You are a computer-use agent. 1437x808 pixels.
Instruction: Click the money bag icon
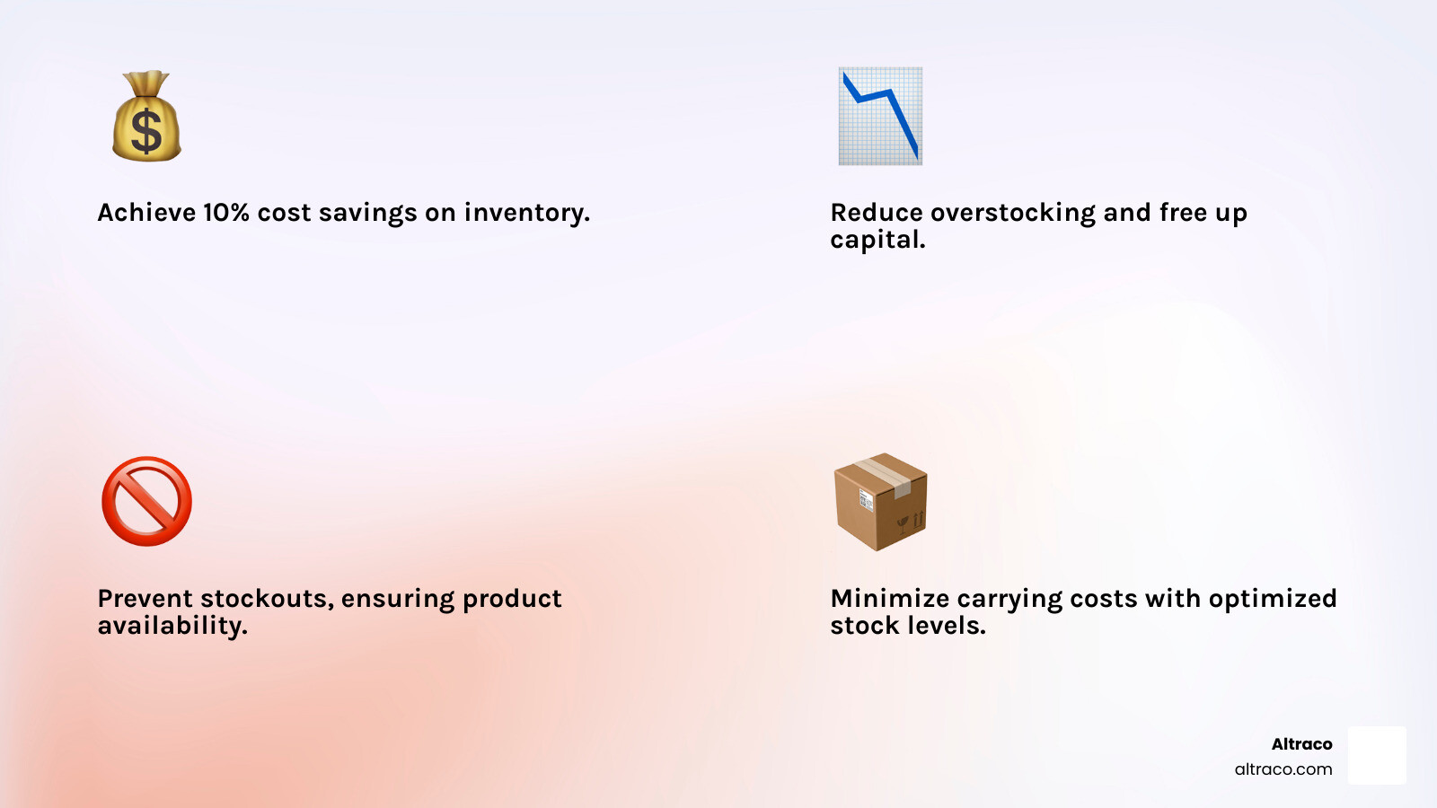[146, 117]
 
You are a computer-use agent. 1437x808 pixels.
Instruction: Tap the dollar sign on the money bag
[146, 130]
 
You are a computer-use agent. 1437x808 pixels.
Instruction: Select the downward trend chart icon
[880, 116]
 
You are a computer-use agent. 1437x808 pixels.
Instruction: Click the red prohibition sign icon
[146, 502]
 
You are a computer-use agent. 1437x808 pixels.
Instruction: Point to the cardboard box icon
[880, 502]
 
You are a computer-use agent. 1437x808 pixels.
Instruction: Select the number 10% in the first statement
[225, 213]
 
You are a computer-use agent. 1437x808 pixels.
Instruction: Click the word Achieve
[146, 213]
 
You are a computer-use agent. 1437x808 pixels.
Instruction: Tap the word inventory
[526, 213]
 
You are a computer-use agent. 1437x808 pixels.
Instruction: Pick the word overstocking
[1013, 213]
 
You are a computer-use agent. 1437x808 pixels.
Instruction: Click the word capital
[877, 240]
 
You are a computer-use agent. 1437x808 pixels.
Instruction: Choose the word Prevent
[145, 599]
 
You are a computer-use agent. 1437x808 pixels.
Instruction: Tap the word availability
[172, 626]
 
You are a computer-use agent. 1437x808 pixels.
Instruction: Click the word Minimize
[889, 599]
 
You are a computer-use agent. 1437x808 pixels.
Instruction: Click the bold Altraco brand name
[1301, 744]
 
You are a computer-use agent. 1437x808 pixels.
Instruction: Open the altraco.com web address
[1283, 769]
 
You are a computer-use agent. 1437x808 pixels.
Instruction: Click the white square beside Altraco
[1377, 755]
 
